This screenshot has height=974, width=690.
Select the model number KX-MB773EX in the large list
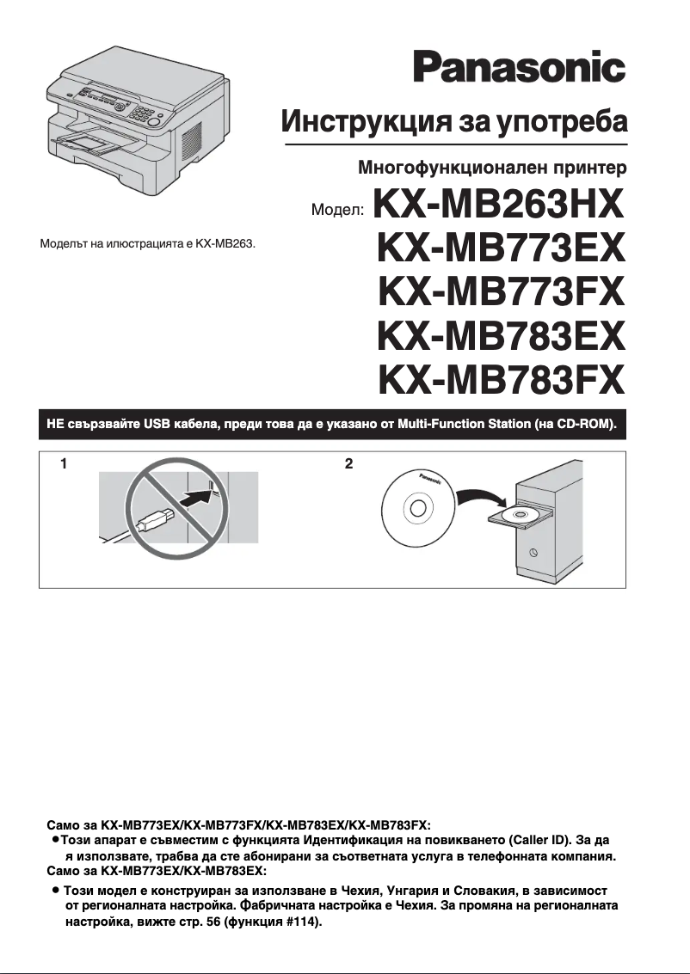point(500,249)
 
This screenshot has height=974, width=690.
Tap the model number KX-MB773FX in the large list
point(500,292)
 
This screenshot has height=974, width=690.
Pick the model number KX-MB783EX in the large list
point(500,335)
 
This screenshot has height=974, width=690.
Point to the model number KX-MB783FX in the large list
point(500,378)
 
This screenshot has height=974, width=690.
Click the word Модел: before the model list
point(337,211)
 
